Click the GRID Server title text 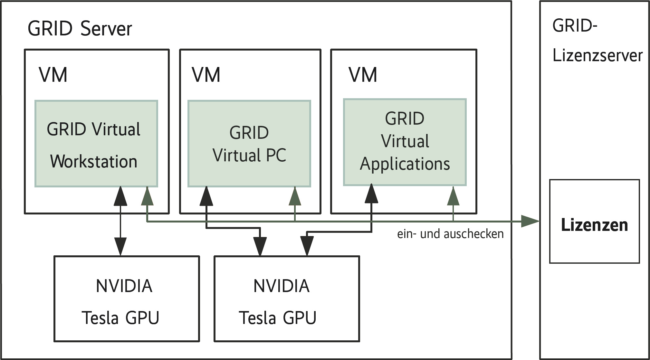tap(80, 29)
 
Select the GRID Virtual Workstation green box tap(96, 144)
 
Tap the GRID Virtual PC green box tap(249, 144)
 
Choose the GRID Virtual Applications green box tap(405, 142)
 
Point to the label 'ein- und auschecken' tap(450, 234)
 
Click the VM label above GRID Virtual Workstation tap(53, 75)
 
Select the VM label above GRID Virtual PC tap(206, 75)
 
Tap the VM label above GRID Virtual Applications tap(363, 75)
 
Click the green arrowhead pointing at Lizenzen tap(530, 221)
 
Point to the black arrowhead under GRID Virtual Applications tap(371, 194)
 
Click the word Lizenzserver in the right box tap(597, 55)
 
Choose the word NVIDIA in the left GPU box tap(124, 286)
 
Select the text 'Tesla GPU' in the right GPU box tap(277, 318)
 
